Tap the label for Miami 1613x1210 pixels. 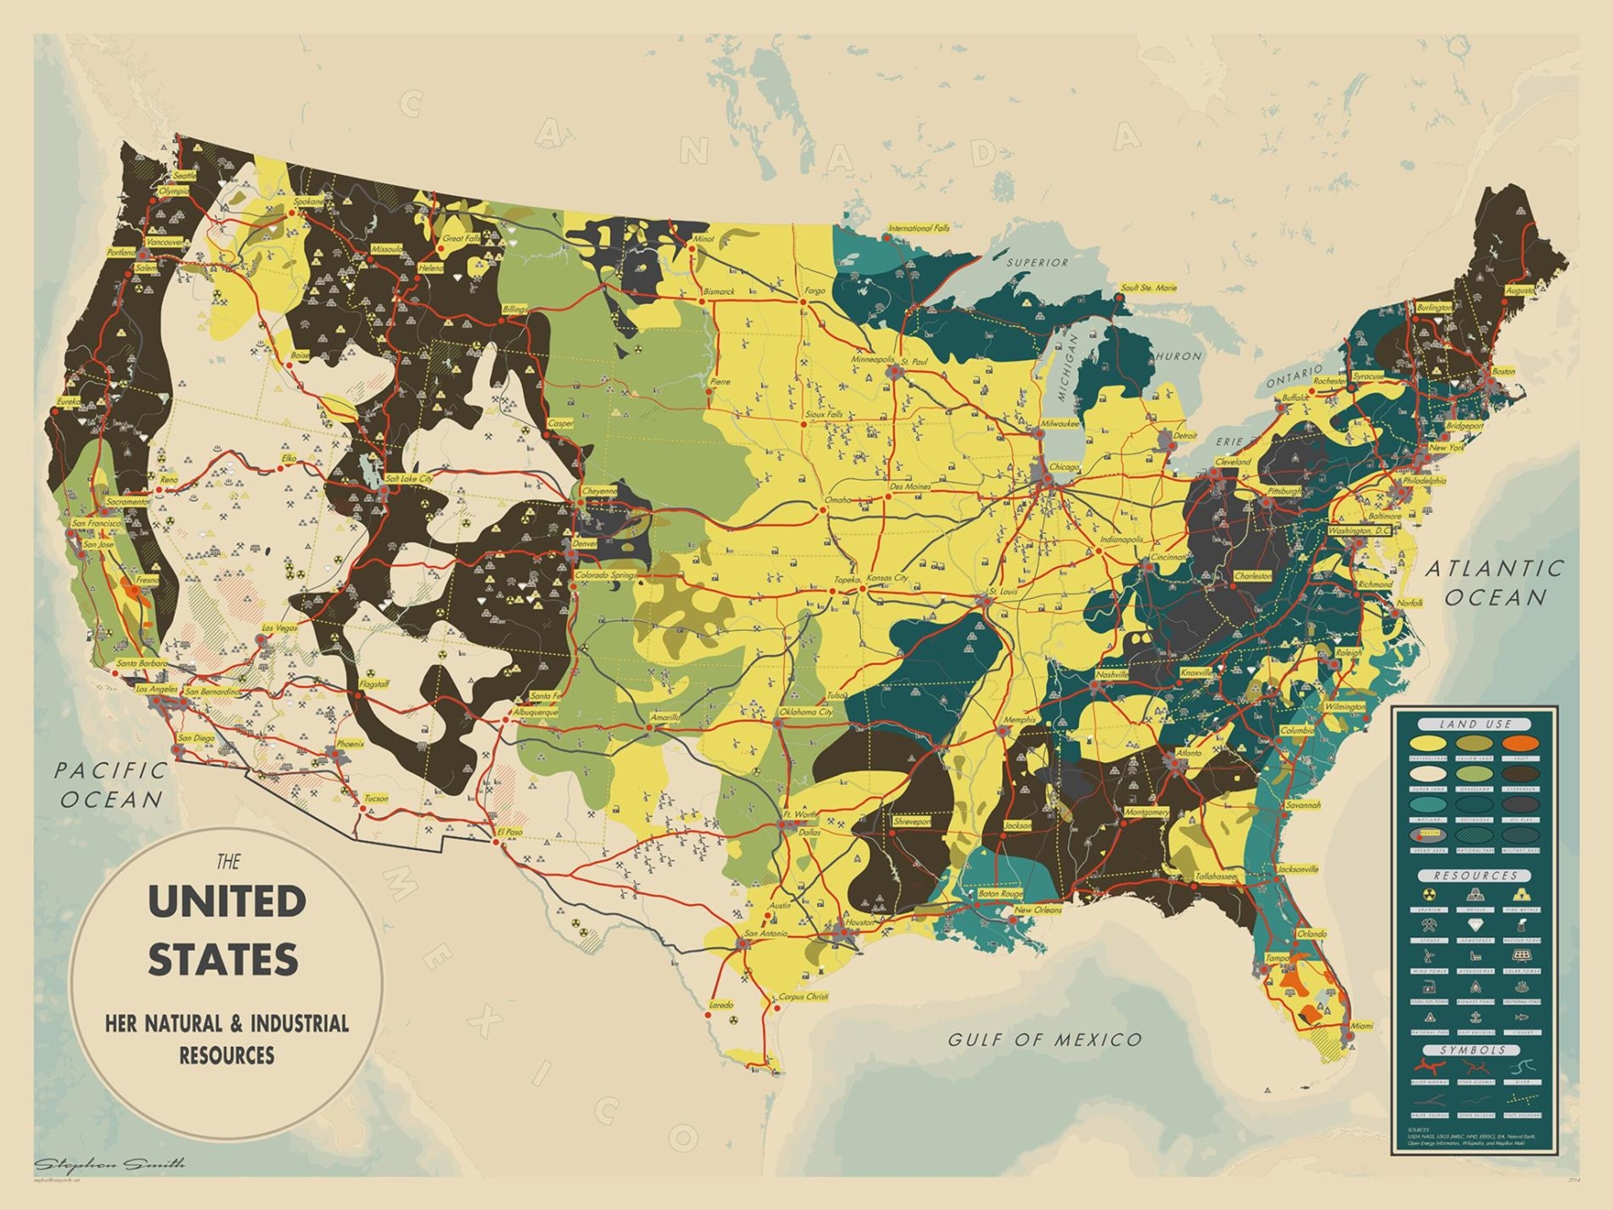[1360, 1026]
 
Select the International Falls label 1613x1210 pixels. [919, 227]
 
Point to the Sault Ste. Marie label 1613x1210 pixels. [1149, 288]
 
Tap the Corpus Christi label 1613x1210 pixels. [803, 996]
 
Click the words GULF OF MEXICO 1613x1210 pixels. [1044, 1040]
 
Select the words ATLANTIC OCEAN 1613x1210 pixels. [1495, 583]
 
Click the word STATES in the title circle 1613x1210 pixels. [224, 960]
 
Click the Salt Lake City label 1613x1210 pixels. [409, 478]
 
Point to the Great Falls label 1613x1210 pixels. [459, 238]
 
